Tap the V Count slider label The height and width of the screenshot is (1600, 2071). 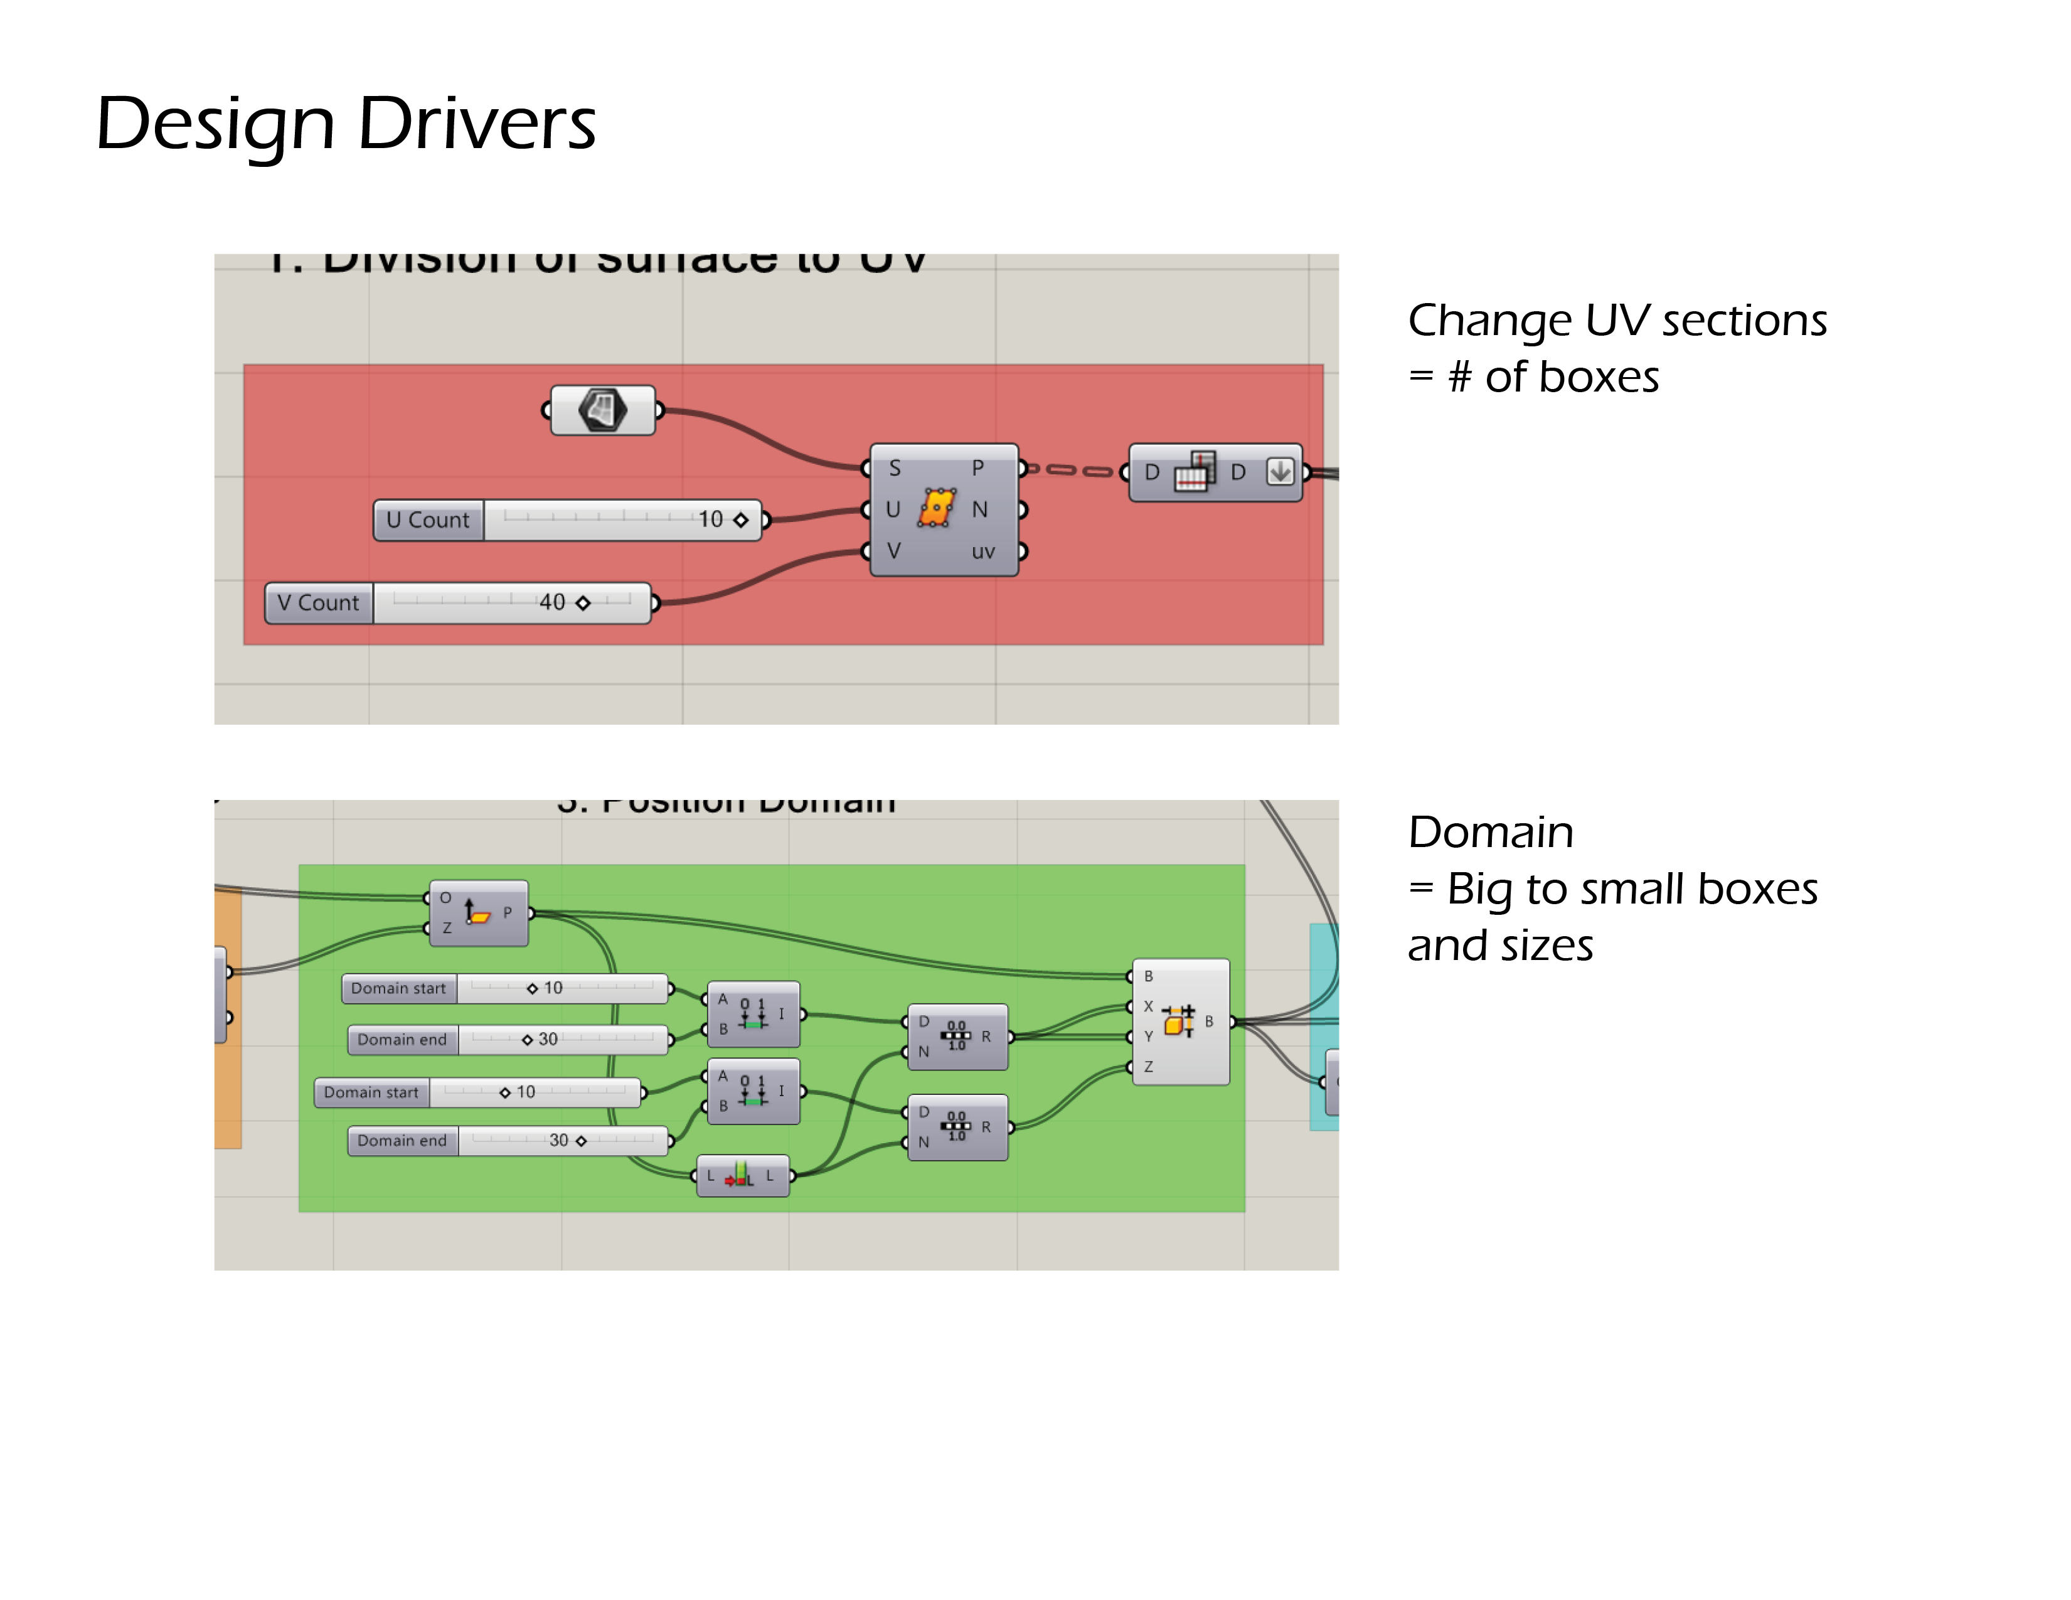319,603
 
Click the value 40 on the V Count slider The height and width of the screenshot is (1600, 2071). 552,603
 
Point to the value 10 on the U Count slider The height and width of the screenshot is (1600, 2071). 710,520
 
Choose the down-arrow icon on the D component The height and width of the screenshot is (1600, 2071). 1280,471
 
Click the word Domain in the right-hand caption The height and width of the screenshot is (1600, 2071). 1491,833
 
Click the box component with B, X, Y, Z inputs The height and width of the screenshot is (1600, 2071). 1181,1021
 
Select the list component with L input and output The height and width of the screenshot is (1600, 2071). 742,1176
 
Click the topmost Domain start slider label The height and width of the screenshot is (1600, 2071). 398,988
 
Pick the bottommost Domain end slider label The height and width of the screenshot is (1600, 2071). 402,1141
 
